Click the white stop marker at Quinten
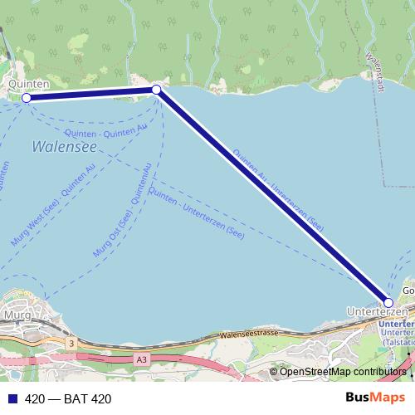(27, 98)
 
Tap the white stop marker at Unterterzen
(388, 303)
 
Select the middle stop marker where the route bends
(156, 90)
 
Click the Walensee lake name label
(64, 147)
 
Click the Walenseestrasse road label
(250, 334)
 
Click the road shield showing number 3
(73, 342)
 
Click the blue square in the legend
(12, 399)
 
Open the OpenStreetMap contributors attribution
(343, 372)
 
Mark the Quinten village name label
(28, 84)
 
